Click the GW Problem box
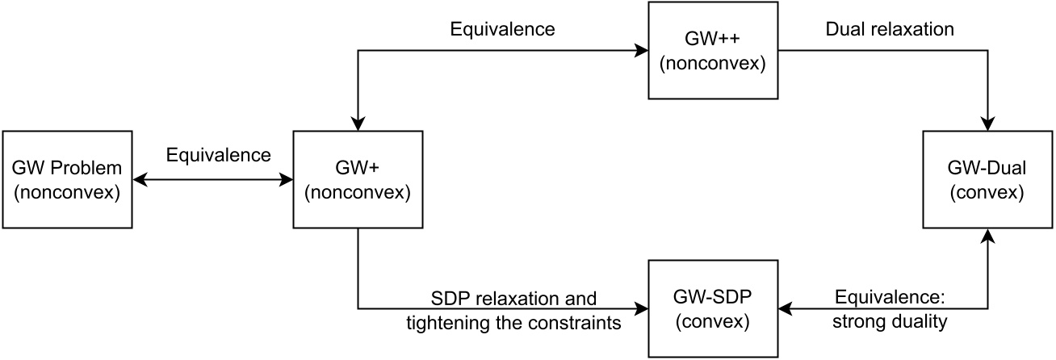pos(67,179)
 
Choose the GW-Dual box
pos(988,179)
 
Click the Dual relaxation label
pos(889,30)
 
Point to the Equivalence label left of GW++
pos(502,30)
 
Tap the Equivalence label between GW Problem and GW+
pos(218,154)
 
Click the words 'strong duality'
pos(890,320)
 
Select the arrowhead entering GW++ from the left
pos(642,51)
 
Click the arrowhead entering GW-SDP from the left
pos(642,308)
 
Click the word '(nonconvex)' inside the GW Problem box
pos(67,191)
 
